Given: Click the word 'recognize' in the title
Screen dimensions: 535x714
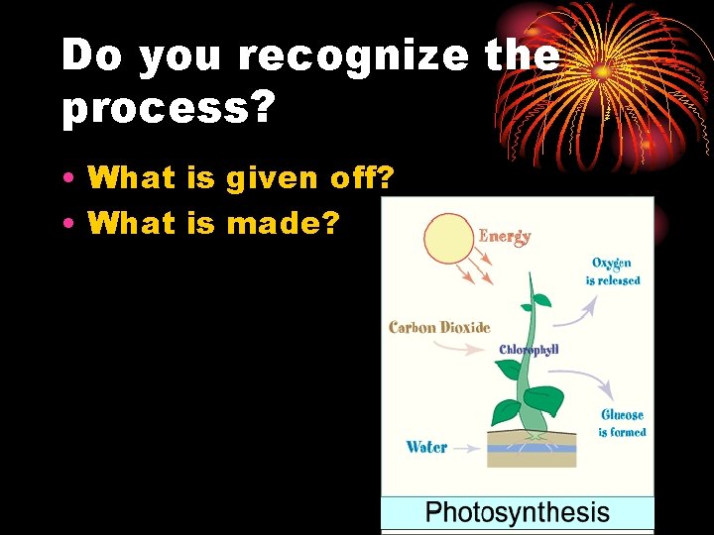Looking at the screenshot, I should [351, 57].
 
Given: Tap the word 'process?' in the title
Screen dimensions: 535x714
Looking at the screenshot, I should [167, 111].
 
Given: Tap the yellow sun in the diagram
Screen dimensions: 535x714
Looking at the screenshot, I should [449, 240].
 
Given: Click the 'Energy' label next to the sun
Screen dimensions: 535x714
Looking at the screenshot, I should [505, 237].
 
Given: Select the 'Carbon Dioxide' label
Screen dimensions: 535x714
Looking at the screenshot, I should [439, 327].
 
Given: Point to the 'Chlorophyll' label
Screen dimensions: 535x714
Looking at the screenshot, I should [529, 350].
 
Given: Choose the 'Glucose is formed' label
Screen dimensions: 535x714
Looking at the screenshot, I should [622, 423].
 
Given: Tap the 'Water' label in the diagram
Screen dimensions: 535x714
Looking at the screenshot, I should [426, 447].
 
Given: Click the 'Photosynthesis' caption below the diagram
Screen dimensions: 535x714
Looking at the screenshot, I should [517, 513].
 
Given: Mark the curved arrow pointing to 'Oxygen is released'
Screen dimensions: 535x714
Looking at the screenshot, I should [574, 312].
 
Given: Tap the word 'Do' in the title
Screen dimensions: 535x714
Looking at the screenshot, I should [91, 57].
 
